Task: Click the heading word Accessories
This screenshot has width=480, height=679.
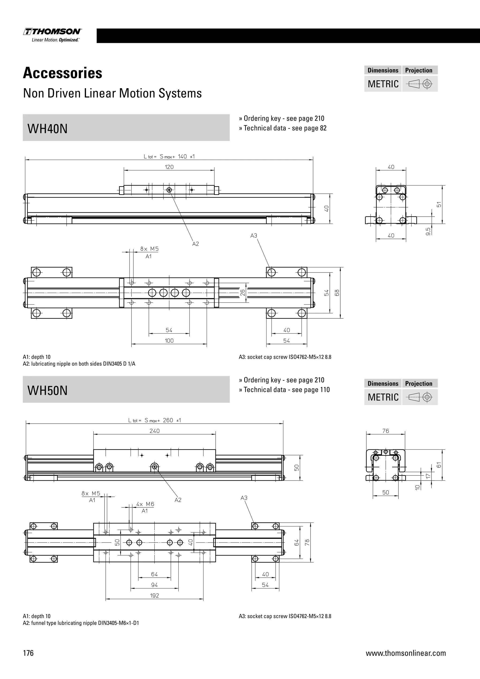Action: point(63,73)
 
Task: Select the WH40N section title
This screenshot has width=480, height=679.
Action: point(48,129)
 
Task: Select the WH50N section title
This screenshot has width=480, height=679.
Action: point(48,390)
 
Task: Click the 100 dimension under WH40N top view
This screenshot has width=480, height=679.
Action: point(169,341)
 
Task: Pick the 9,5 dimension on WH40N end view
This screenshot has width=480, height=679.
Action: point(428,231)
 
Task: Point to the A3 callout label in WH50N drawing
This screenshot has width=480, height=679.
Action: point(244,498)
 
